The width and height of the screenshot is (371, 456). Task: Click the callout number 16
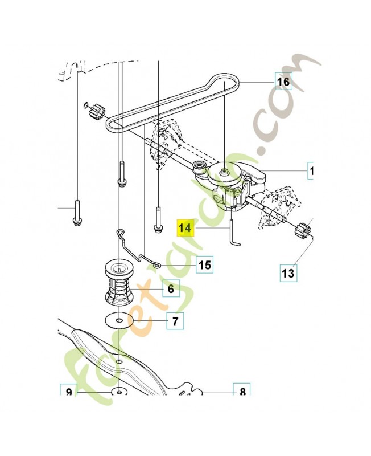283,82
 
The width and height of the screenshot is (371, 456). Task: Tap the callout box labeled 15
204,265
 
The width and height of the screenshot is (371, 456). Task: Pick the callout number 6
170,290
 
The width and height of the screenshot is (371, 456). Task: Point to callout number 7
175,321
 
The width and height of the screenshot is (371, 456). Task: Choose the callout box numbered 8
242,392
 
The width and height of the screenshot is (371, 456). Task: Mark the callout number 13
288,273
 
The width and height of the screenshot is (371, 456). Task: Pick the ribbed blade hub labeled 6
119,282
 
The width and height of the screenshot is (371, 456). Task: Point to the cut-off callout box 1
311,170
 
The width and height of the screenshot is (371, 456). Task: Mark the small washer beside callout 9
118,392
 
